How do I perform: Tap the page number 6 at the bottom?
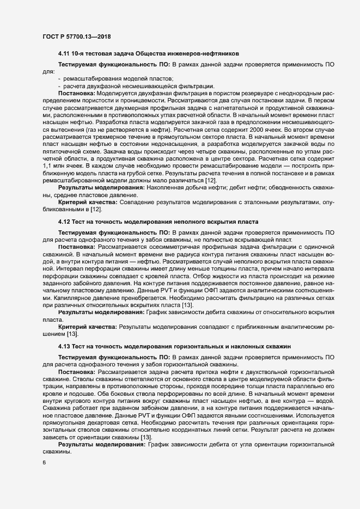point(44,463)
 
